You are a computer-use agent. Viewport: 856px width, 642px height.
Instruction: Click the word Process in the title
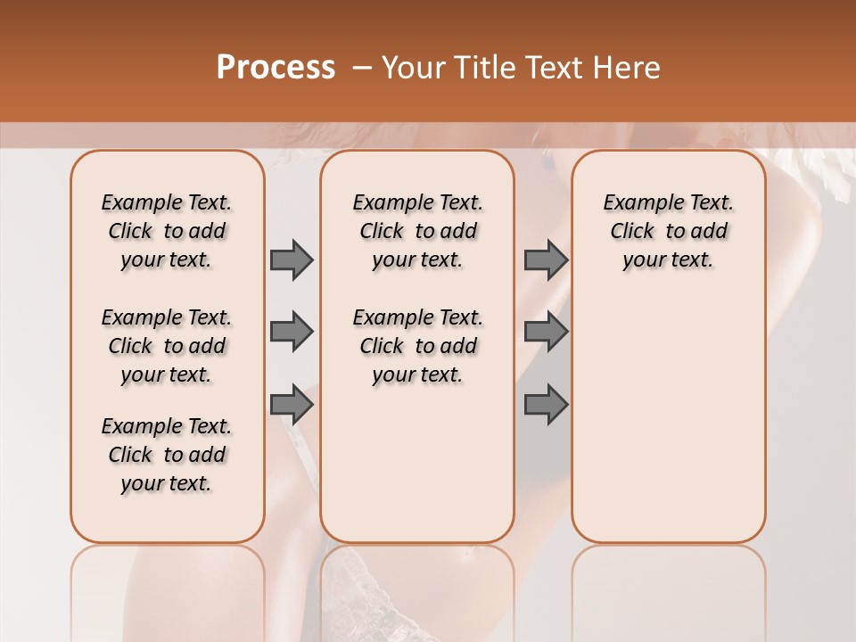[275, 68]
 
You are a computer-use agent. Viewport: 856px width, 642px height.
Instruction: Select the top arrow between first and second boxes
[292, 259]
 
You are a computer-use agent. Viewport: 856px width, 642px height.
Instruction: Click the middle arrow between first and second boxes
[292, 332]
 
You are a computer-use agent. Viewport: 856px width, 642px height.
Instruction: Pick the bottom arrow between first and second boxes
[292, 404]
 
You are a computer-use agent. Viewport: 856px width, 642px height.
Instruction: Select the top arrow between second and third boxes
[546, 259]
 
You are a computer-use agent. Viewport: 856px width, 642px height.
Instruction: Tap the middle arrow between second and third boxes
[546, 332]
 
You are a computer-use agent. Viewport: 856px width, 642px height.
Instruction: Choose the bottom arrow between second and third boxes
[546, 404]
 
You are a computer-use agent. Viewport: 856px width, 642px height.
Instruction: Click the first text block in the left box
[167, 231]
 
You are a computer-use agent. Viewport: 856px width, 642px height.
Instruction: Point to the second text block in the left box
[167, 346]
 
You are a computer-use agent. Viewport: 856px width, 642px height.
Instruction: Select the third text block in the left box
[167, 455]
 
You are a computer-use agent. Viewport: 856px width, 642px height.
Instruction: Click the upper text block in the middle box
[417, 231]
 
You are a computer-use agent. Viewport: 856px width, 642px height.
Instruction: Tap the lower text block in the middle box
[417, 346]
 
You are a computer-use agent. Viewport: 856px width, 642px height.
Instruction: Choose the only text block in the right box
[668, 231]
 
